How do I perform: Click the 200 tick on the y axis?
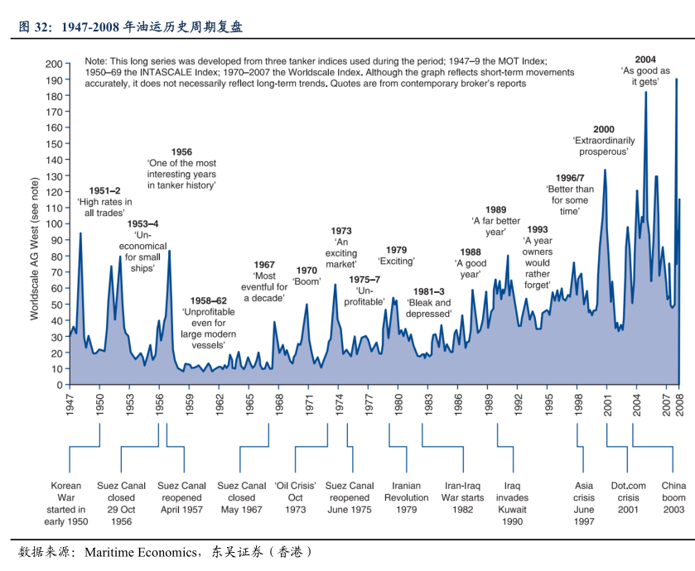(x=54, y=64)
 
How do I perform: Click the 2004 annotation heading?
(x=645, y=59)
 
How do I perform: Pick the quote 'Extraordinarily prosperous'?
(x=603, y=146)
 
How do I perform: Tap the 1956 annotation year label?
(x=181, y=151)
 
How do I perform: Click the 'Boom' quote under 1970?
(x=306, y=281)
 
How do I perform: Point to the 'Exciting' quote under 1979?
(x=397, y=262)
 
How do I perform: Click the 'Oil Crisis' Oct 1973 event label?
(x=296, y=498)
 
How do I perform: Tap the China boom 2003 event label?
(x=673, y=498)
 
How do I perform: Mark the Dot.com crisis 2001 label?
(x=628, y=498)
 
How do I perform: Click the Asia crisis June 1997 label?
(x=583, y=504)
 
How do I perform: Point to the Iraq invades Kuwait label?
(x=512, y=504)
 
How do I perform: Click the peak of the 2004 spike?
(x=645, y=93)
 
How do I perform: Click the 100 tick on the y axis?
(x=54, y=224)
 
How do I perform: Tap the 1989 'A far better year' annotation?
(x=495, y=221)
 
